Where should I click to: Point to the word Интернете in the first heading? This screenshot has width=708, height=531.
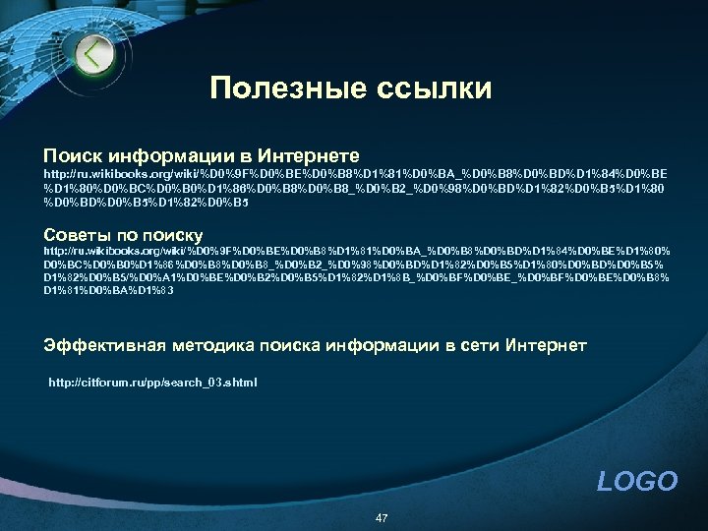click(309, 155)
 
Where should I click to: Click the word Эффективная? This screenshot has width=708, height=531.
click(105, 345)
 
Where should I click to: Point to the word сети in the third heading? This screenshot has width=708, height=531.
click(477, 345)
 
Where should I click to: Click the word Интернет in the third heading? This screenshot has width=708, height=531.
click(546, 345)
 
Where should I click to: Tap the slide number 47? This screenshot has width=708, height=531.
click(381, 517)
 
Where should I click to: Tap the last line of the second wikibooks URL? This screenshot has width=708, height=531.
click(109, 290)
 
